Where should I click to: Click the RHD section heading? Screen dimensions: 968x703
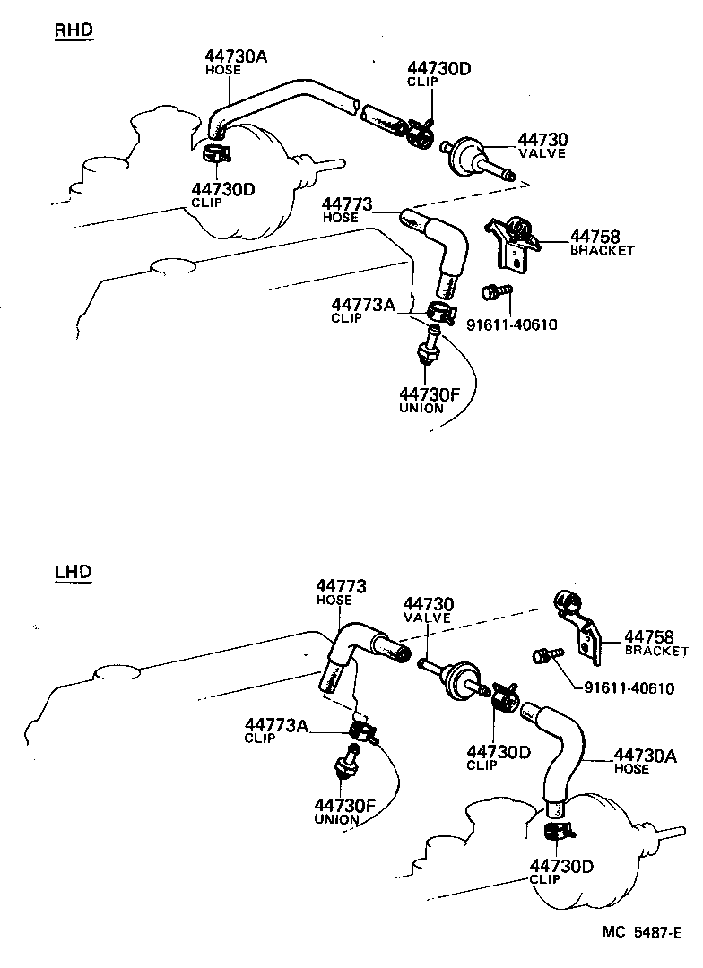coord(74,31)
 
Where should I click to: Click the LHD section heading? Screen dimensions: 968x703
coord(73,571)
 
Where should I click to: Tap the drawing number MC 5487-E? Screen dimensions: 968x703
coord(642,932)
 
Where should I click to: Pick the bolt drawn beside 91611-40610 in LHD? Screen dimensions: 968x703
coord(545,659)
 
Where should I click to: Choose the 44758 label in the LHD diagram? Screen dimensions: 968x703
coord(648,636)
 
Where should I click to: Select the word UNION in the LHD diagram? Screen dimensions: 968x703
coord(336,819)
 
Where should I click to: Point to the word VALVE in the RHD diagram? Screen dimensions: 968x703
coord(543,153)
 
